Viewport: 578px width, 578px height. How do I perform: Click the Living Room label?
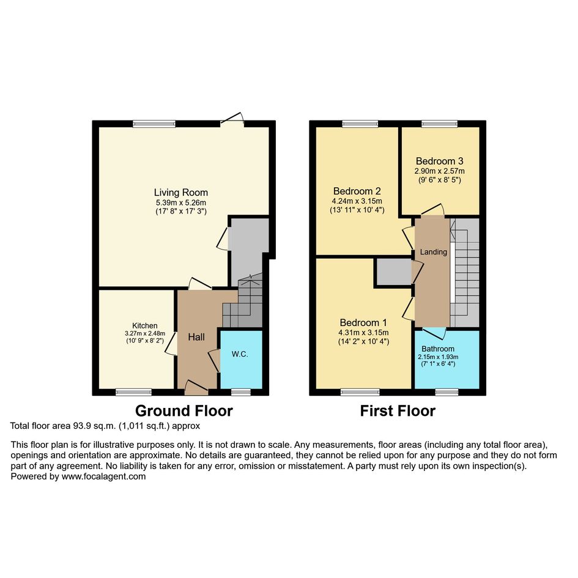pyautogui.click(x=180, y=193)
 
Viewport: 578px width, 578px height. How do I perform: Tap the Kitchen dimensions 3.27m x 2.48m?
pyautogui.click(x=145, y=333)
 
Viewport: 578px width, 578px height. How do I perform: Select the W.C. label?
pyautogui.click(x=240, y=354)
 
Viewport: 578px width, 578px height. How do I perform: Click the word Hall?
pyautogui.click(x=196, y=337)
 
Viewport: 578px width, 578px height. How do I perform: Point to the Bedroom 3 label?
pyautogui.click(x=439, y=161)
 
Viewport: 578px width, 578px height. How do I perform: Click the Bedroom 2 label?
pyautogui.click(x=357, y=191)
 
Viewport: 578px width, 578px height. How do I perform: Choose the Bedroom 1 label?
pyautogui.click(x=363, y=322)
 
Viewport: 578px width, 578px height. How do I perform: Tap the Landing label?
pyautogui.click(x=434, y=252)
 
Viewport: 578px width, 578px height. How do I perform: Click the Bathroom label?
pyautogui.click(x=438, y=349)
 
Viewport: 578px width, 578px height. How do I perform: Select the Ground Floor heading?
pyautogui.click(x=184, y=410)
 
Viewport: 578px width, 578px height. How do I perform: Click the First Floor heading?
pyautogui.click(x=398, y=410)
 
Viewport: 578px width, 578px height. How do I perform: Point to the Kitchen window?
pyautogui.click(x=133, y=392)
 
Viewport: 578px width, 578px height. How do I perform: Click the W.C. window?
pyautogui.click(x=241, y=392)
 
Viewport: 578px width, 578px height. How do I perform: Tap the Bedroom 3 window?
pyautogui.click(x=439, y=124)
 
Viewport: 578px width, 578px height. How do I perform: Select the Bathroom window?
pyautogui.click(x=446, y=392)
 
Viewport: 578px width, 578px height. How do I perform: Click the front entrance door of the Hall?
pyautogui.click(x=196, y=388)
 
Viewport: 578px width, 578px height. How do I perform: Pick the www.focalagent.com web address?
pyautogui.click(x=103, y=476)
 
